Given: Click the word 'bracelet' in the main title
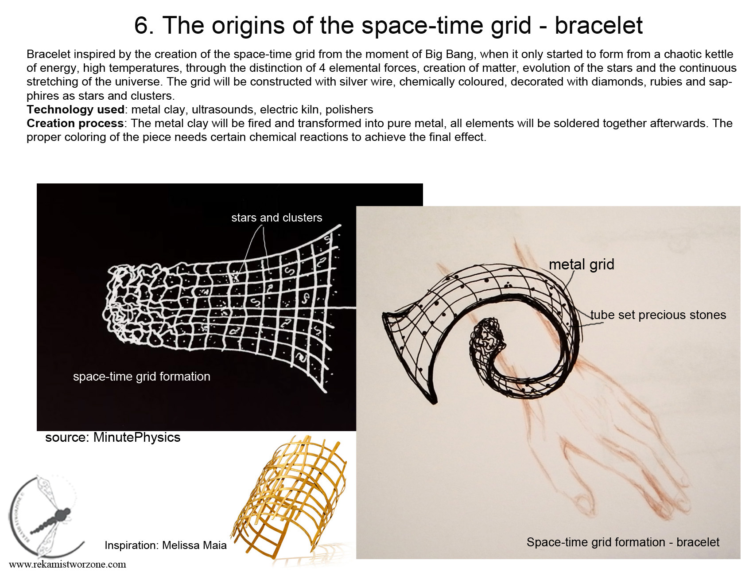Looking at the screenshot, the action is point(598,25).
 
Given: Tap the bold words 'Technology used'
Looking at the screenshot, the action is point(75,109).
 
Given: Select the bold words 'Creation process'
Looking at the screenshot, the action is point(75,123).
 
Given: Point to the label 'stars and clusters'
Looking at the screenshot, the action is point(277,218).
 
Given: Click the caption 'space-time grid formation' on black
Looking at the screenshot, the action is point(142,377).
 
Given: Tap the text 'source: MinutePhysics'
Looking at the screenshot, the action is point(113,437).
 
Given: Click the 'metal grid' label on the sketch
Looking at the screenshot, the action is point(582,265).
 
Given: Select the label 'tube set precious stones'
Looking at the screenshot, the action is point(658,315).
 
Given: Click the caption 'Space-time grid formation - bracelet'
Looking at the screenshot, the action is point(623,542).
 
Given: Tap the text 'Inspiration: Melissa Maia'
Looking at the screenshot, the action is point(166,545).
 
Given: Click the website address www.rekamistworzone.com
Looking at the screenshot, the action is point(67,564).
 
